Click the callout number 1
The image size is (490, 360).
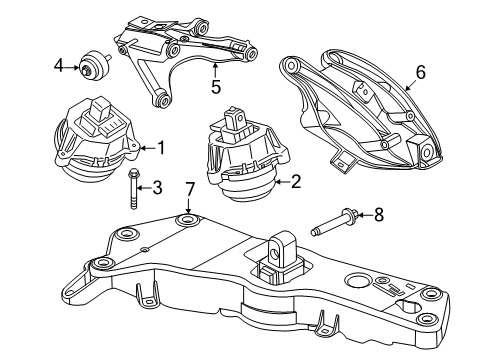[x=161, y=148]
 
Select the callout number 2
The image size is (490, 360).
[x=296, y=182]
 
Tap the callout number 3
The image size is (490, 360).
[x=157, y=188]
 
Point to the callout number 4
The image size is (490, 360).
[x=58, y=65]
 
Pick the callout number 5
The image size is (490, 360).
[x=216, y=87]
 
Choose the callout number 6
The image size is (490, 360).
[x=421, y=72]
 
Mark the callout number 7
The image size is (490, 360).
[x=189, y=190]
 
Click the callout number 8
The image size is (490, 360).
[x=379, y=214]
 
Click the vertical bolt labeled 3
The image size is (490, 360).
[x=133, y=189]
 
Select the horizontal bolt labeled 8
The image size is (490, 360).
[x=335, y=222]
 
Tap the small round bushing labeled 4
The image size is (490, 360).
[x=94, y=65]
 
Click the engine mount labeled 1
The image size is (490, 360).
[x=97, y=140]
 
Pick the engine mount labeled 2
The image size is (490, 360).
[x=247, y=155]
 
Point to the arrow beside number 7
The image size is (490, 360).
[x=188, y=206]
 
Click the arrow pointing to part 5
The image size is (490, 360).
[x=215, y=70]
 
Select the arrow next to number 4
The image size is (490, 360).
[x=72, y=68]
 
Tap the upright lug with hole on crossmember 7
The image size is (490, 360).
[x=282, y=247]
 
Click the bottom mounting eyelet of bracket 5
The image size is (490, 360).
[x=163, y=99]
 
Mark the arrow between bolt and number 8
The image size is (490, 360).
[x=366, y=215]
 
